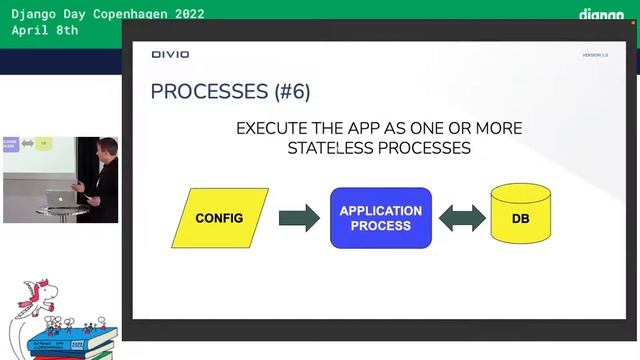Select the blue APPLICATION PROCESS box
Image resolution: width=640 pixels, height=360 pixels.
click(x=381, y=218)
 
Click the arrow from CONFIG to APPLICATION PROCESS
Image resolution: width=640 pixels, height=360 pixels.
click(x=298, y=218)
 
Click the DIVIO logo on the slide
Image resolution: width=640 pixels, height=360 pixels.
click(x=170, y=54)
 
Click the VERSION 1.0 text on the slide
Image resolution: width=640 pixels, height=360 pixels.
click(x=595, y=55)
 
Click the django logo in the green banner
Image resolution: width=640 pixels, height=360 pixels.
click(x=601, y=15)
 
